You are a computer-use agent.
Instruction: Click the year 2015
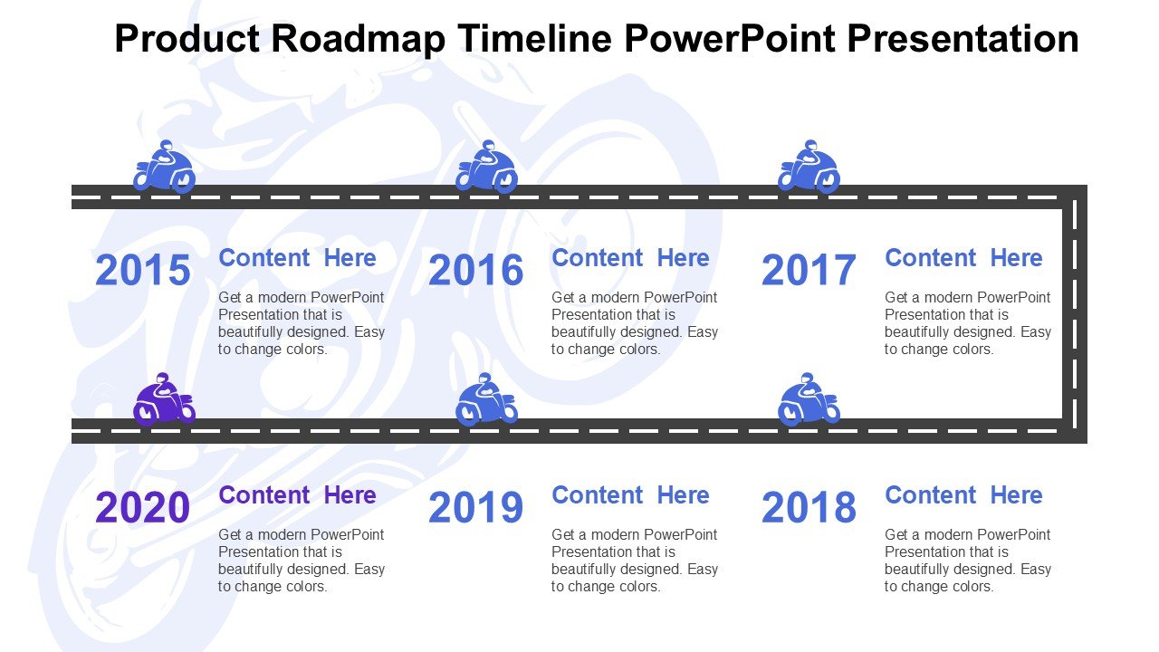pos(143,270)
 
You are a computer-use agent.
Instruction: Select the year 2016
pos(476,270)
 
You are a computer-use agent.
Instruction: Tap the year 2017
pos(809,270)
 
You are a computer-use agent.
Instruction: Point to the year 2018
pos(809,506)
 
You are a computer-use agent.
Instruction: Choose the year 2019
pos(476,506)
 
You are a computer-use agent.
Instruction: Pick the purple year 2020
pos(143,506)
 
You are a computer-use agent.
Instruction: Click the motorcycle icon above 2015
pos(164,167)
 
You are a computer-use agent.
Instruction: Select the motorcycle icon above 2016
pos(486,167)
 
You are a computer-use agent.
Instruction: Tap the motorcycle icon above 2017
pos(809,167)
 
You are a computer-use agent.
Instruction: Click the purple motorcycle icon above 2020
pos(164,399)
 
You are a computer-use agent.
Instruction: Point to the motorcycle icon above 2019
pos(486,399)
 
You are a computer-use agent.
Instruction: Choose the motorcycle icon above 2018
pos(809,399)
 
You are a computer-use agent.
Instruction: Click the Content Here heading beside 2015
pos(297,258)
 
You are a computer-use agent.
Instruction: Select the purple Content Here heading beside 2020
pos(297,494)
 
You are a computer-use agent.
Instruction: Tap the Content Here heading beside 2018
pos(963,494)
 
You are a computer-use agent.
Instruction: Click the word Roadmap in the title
pos(358,39)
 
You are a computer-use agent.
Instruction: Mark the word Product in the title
pos(187,38)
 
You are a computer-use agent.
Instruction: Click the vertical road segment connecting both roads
pos(1075,313)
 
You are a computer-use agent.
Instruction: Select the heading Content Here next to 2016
pos(630,258)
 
